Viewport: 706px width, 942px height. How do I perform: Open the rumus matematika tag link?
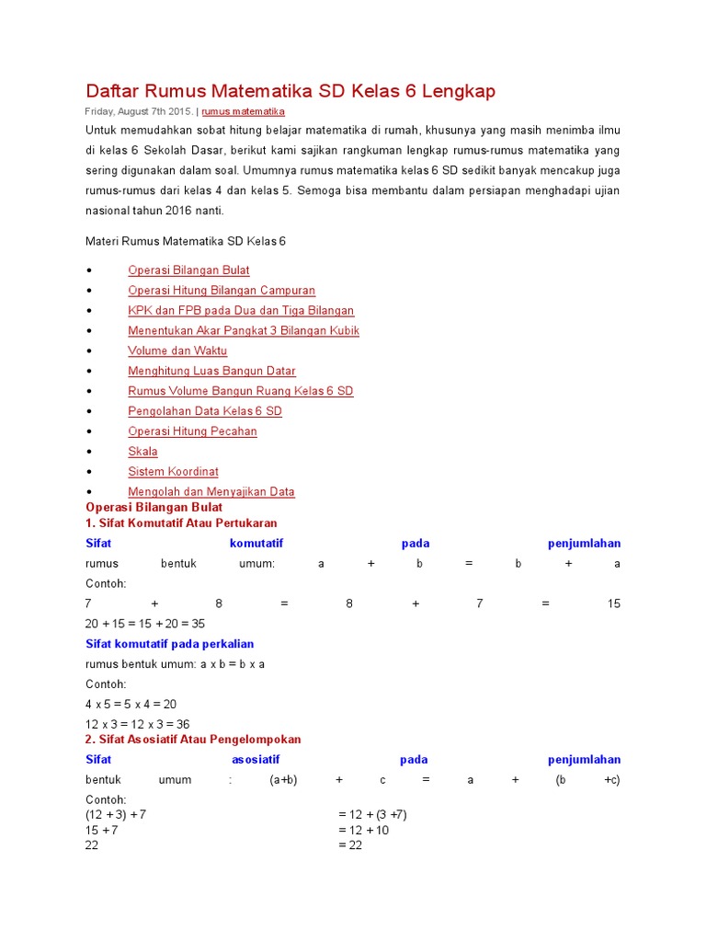tap(243, 111)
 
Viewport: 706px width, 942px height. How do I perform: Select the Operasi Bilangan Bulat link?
tap(188, 270)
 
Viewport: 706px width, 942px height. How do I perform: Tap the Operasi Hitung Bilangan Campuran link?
tap(222, 291)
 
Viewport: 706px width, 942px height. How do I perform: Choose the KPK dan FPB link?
tap(241, 311)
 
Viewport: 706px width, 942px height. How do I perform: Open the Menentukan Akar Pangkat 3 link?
tap(244, 331)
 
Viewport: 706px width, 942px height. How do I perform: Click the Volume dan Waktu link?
tap(177, 351)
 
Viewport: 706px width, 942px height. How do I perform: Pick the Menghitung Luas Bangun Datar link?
tap(211, 372)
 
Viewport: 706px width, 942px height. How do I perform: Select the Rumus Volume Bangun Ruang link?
tap(240, 392)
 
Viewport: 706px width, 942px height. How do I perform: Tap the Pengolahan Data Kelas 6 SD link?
tap(205, 412)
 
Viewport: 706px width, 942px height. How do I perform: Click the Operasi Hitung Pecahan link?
tap(192, 432)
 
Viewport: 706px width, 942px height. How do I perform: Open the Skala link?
tap(142, 452)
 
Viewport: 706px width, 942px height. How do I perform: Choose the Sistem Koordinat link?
tap(173, 472)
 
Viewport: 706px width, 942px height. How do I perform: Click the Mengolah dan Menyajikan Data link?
tap(211, 492)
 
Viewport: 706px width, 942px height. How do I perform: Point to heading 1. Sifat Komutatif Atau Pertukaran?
tap(181, 523)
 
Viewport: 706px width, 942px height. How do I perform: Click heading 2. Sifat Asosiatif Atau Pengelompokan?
tap(193, 740)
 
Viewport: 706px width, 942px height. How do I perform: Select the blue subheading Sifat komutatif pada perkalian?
tap(169, 644)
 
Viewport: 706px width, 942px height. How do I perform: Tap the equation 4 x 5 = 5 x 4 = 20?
tap(131, 705)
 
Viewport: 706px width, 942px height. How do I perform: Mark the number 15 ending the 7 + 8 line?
tap(613, 604)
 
